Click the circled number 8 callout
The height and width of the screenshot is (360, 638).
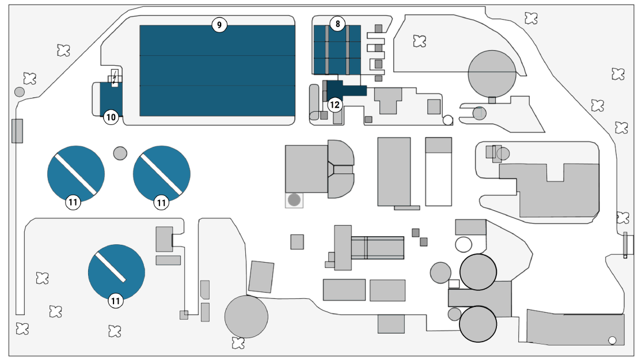[337, 24]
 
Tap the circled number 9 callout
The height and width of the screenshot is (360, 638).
[219, 25]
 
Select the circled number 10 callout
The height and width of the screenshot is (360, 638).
[111, 118]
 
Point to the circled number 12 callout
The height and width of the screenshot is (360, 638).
[335, 105]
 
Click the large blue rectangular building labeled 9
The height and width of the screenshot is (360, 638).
[217, 71]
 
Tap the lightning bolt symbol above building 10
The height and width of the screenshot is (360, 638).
[115, 77]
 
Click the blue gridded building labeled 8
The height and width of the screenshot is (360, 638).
[337, 50]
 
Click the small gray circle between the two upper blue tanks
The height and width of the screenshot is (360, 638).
[120, 153]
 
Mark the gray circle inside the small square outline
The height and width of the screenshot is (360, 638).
[294, 200]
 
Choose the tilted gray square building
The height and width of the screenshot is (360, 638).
[261, 277]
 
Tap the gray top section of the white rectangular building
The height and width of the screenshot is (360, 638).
[439, 145]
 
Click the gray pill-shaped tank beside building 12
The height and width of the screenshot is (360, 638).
[314, 102]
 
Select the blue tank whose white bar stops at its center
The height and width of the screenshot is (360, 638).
[116, 272]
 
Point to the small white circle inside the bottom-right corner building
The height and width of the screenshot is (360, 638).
[612, 340]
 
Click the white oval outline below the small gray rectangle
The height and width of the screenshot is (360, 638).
[464, 245]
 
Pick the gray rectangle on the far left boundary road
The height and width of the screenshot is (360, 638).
[17, 131]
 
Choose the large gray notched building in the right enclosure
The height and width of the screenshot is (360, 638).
[549, 190]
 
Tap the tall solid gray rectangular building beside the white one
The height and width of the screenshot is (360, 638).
[394, 172]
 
